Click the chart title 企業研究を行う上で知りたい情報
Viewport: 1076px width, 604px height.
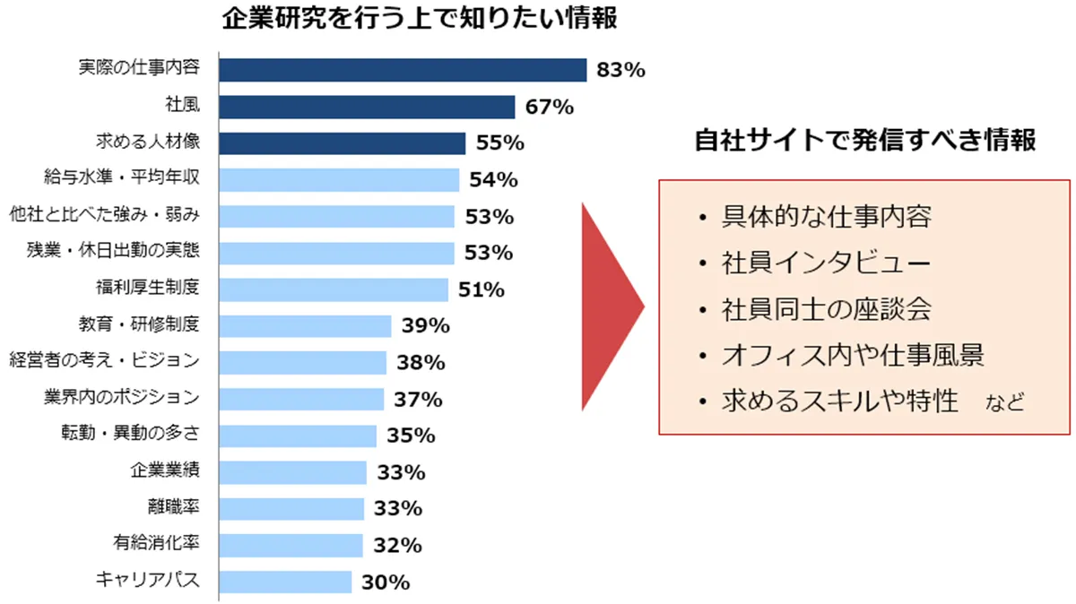421,19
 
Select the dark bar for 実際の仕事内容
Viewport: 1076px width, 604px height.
403,70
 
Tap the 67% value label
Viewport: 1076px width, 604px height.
549,108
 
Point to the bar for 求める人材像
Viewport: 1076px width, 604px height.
343,143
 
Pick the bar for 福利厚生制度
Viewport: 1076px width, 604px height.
334,289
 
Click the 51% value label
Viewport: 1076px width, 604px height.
481,290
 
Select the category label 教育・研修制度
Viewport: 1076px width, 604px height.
139,324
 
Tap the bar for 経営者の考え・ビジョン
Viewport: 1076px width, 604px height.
303,362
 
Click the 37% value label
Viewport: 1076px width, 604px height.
417,399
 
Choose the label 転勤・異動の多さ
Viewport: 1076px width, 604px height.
129,435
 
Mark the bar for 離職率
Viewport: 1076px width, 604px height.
292,508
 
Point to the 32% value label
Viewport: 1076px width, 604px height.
396,545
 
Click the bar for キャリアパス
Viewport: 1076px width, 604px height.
286,582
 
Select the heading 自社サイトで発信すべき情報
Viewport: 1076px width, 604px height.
865,141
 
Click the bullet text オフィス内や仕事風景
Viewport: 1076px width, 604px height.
853,356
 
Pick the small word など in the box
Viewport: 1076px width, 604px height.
1004,402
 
